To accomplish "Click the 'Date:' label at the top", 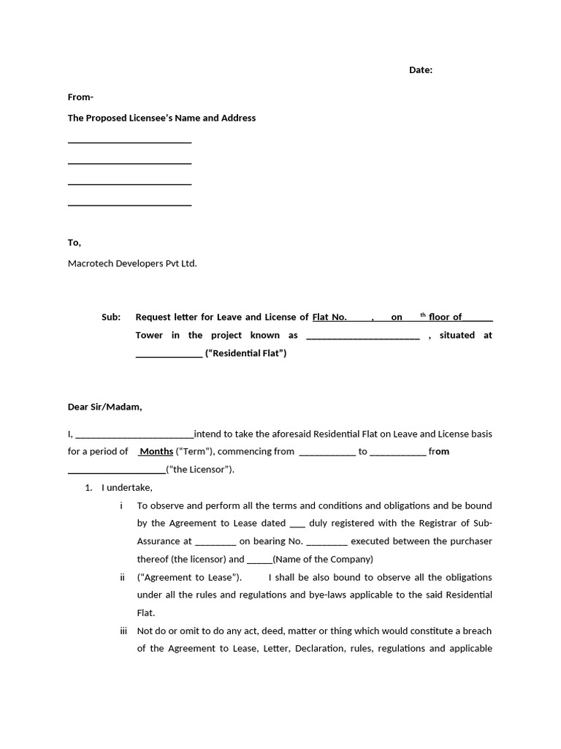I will [x=420, y=70].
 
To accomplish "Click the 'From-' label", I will [x=80, y=97].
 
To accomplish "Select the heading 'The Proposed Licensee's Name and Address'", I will [x=161, y=118].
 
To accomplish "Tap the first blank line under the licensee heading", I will [x=129, y=143].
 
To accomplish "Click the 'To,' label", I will [x=75, y=243].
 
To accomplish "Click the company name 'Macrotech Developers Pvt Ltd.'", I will [x=132, y=263].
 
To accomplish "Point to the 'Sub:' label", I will [x=111, y=317].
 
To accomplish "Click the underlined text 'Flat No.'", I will [x=329, y=317].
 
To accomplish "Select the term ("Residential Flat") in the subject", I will [x=246, y=353].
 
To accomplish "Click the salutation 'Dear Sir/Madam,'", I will [x=105, y=407].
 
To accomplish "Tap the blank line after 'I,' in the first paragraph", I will [x=134, y=434].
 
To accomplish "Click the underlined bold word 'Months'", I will [x=156, y=452].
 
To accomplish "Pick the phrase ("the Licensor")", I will [x=200, y=470].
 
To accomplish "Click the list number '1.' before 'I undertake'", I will [x=89, y=488].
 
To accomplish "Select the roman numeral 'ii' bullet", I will [x=123, y=577].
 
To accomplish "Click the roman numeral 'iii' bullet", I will [x=123, y=631].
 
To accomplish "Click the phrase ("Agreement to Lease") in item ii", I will [x=189, y=577].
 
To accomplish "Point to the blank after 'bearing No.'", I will [x=327, y=542].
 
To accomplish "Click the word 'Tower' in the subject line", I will [x=149, y=336].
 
